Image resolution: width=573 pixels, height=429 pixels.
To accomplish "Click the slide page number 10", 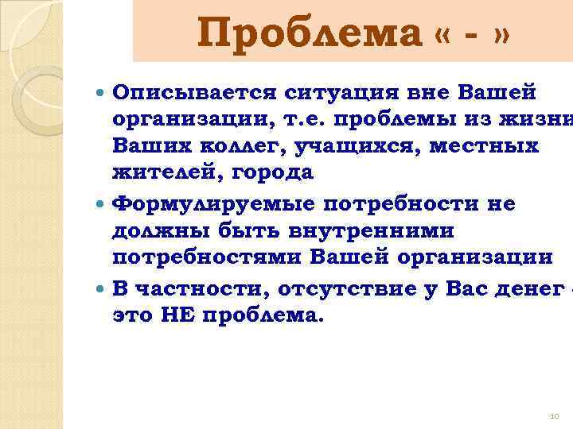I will [x=555, y=415].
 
